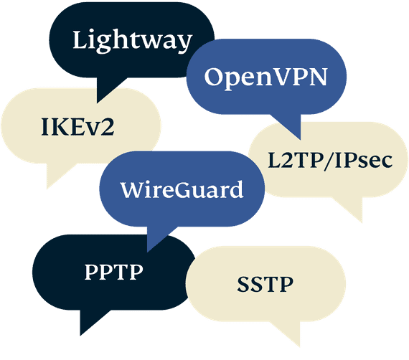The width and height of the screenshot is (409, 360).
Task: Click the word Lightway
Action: tap(132, 41)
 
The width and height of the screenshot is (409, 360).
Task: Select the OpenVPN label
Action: tap(265, 77)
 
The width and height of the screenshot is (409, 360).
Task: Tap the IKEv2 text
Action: tap(77, 127)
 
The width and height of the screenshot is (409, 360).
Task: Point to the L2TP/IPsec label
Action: tap(330, 161)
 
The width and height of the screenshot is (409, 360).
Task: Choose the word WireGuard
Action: tap(182, 189)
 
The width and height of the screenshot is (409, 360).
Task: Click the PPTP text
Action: tap(113, 272)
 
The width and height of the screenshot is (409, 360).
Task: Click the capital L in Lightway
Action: tap(80, 39)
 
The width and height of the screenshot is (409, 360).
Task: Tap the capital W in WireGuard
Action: tap(133, 190)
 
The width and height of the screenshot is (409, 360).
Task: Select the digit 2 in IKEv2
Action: tap(108, 127)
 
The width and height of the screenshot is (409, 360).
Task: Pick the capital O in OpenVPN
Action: tap(214, 77)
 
